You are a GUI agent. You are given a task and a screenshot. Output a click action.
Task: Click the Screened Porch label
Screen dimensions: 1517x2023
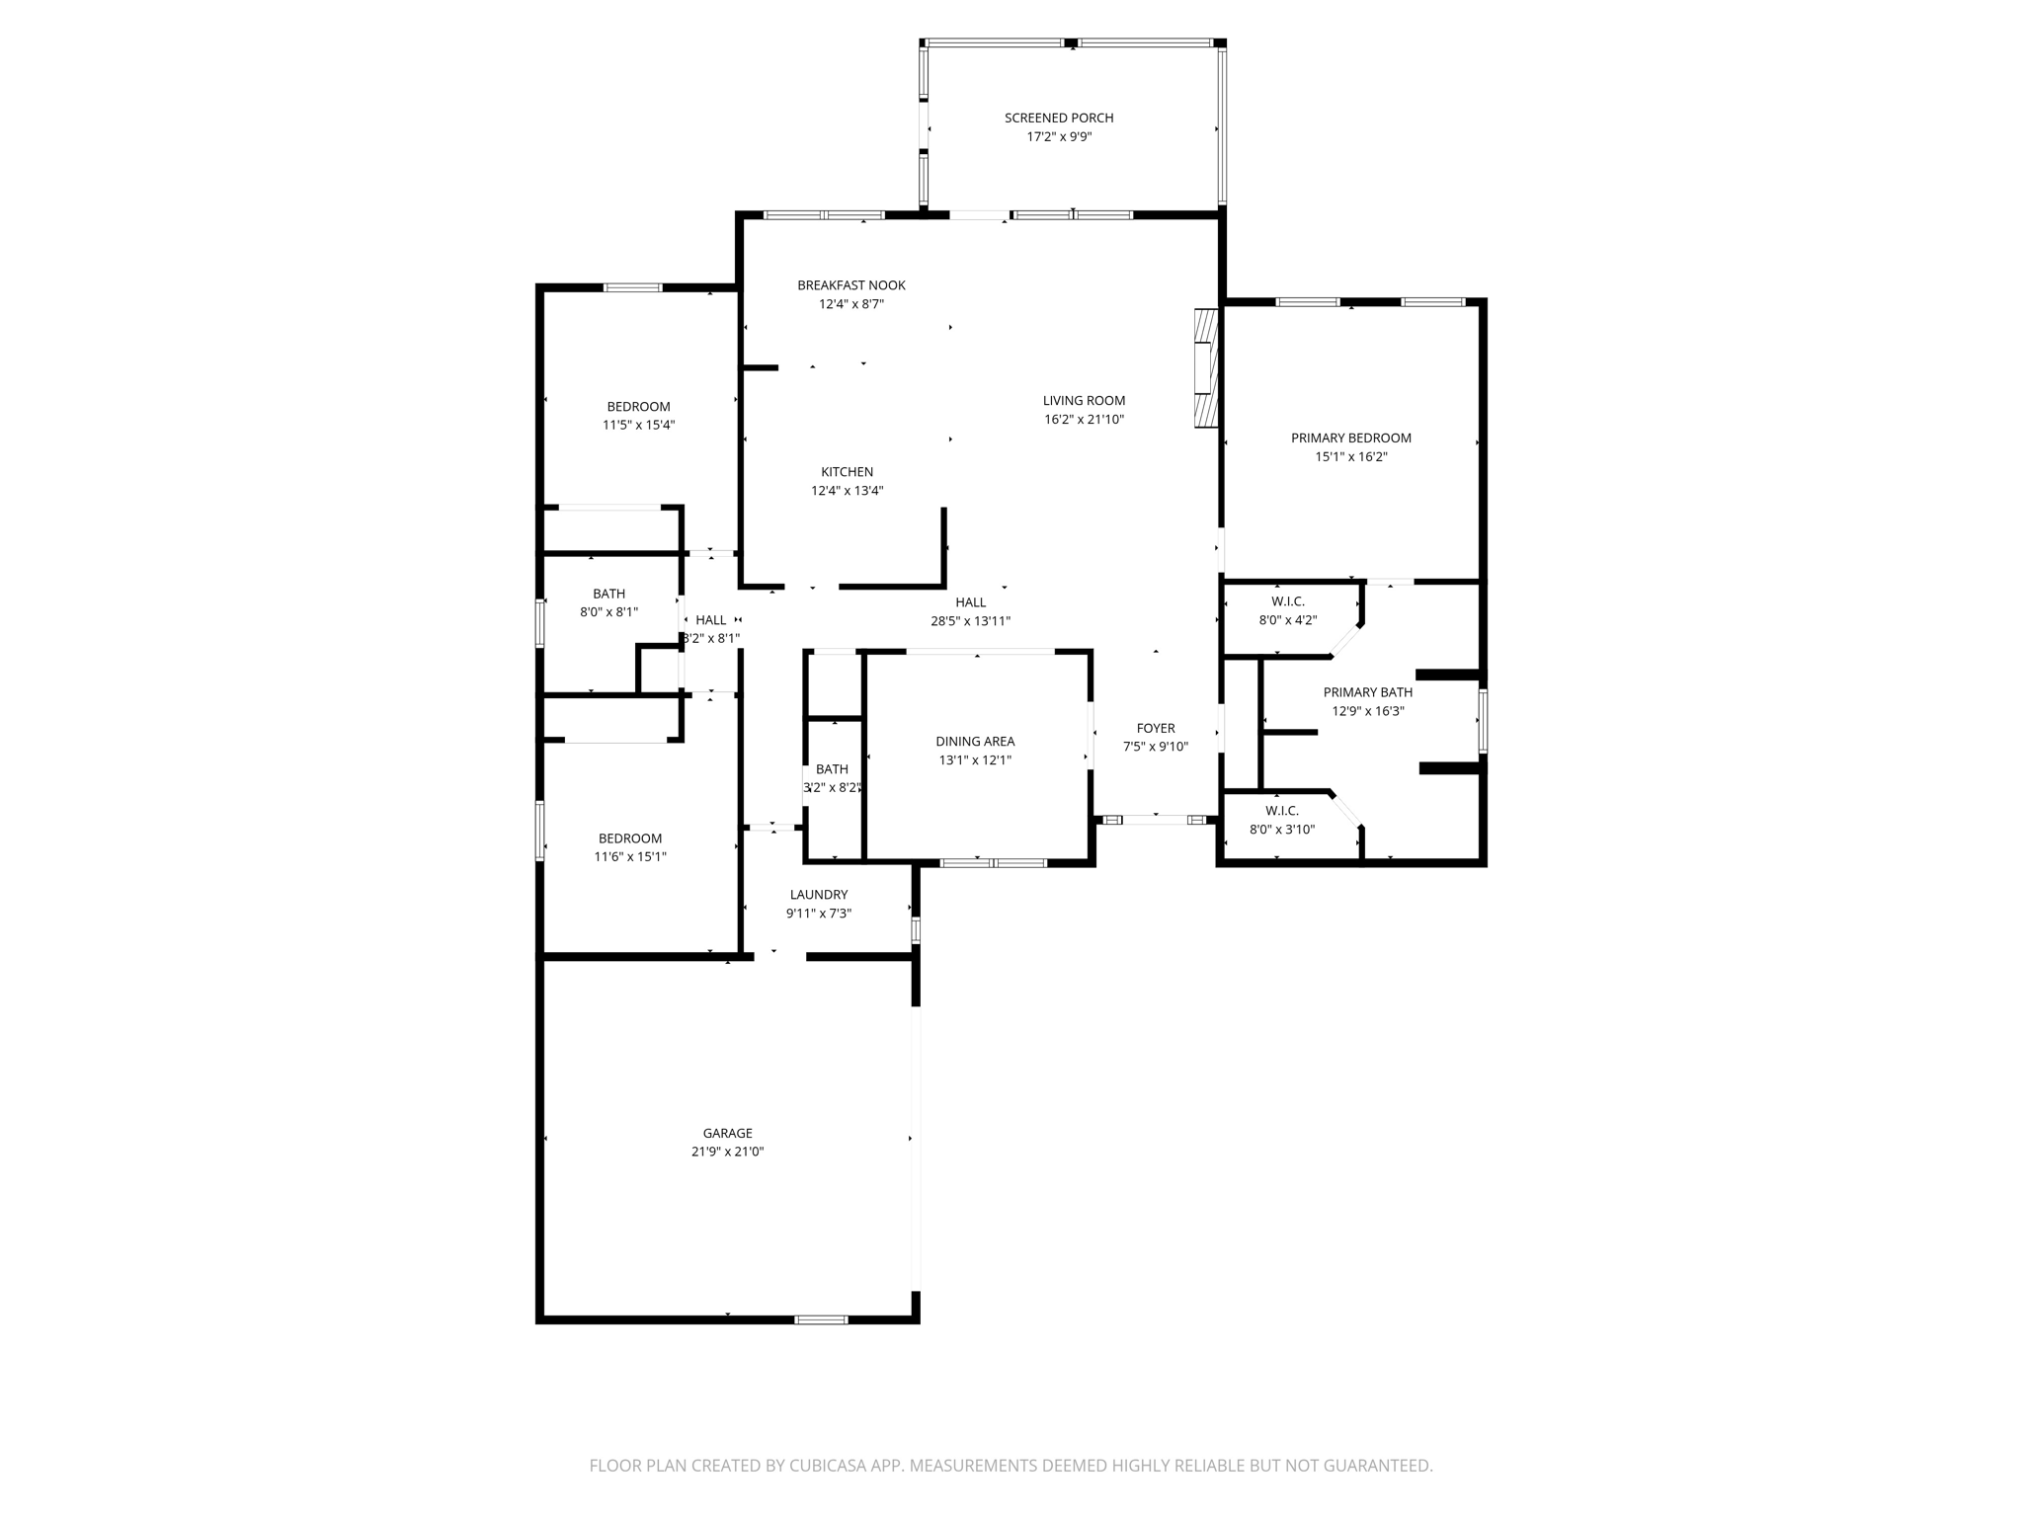pos(1059,118)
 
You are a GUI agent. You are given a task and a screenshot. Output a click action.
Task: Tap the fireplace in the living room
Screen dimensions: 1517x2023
pos(1206,368)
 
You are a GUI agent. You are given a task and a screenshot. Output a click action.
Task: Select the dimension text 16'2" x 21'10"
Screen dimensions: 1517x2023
pos(1084,420)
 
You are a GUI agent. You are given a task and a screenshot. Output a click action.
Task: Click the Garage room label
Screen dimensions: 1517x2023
pos(727,1133)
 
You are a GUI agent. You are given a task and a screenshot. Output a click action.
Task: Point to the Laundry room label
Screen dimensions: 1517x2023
pos(818,895)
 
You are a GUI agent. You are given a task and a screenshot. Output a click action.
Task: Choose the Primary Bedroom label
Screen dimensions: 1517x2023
pos(1350,439)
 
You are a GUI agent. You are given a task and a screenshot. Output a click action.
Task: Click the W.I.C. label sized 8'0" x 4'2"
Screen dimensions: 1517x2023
pos(1287,601)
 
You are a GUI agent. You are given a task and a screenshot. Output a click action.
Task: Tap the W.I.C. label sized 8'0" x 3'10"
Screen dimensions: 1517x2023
pos(1281,811)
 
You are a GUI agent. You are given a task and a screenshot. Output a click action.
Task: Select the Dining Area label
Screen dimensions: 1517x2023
pos(975,742)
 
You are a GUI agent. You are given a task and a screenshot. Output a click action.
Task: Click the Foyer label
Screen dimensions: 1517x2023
pos(1155,729)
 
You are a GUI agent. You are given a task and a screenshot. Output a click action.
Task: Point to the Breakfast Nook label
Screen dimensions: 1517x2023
pos(850,285)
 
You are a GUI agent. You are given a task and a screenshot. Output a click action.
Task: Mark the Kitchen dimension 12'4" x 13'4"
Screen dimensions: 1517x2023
pos(847,491)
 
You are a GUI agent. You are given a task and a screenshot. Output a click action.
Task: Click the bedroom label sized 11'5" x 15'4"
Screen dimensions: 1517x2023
pos(638,407)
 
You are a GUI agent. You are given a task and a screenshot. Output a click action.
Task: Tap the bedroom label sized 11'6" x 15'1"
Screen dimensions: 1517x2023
pos(629,838)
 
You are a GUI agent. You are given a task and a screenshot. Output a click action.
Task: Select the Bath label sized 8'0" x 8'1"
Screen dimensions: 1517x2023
pos(608,594)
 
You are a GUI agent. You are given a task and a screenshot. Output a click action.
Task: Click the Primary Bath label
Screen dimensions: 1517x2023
pos(1367,692)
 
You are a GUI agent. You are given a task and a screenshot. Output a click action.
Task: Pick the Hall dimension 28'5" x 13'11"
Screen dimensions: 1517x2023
pos(970,621)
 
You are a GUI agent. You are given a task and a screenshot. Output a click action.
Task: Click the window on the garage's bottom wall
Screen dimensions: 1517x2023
pos(821,1319)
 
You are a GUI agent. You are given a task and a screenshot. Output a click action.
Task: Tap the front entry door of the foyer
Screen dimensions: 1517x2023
pos(1155,820)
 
